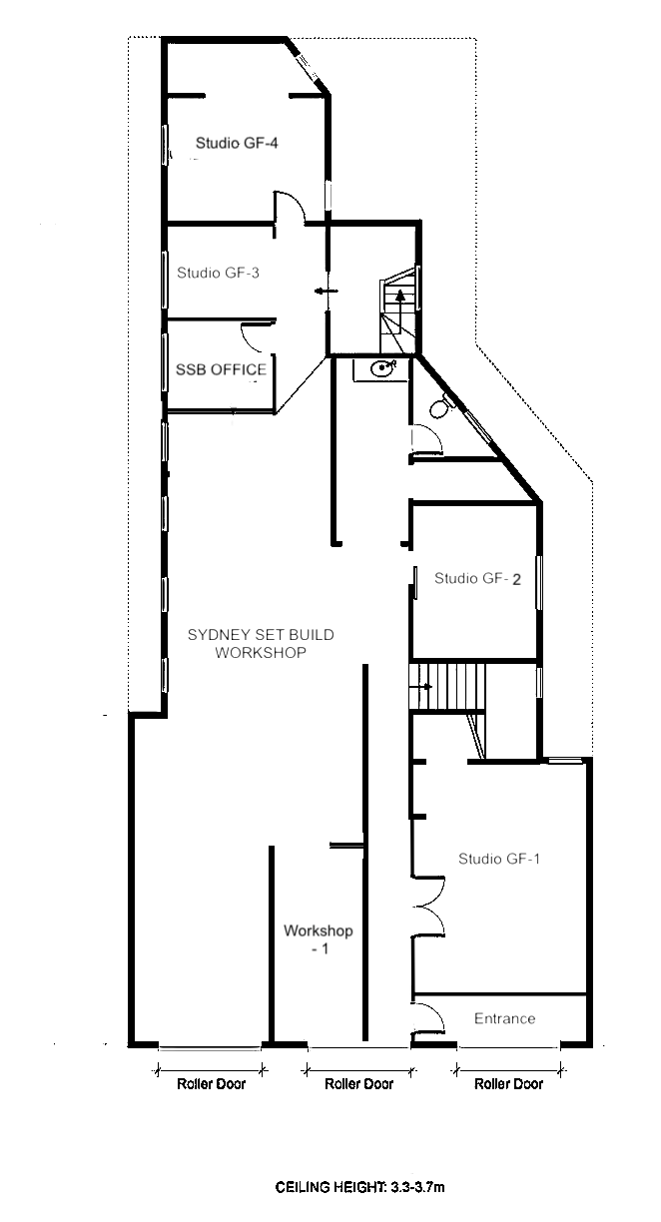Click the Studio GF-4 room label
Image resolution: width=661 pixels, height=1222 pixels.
click(236, 143)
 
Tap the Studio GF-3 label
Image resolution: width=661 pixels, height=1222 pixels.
click(218, 272)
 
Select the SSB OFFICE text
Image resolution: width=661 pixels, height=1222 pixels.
click(221, 369)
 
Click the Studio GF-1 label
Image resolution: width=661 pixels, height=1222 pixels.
click(498, 859)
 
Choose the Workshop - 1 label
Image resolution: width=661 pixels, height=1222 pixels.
click(318, 940)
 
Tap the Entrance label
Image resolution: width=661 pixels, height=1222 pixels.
click(504, 1018)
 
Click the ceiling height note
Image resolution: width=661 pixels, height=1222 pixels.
click(359, 1188)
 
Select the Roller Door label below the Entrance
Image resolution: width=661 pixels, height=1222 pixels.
click(508, 1084)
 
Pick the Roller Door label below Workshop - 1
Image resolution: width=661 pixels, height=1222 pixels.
click(359, 1084)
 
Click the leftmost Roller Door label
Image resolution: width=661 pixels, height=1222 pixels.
click(210, 1084)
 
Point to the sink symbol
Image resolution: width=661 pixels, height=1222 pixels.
click(381, 369)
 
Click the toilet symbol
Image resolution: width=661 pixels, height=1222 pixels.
click(438, 408)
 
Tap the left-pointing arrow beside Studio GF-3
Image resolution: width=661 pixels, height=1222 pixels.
click(325, 292)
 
